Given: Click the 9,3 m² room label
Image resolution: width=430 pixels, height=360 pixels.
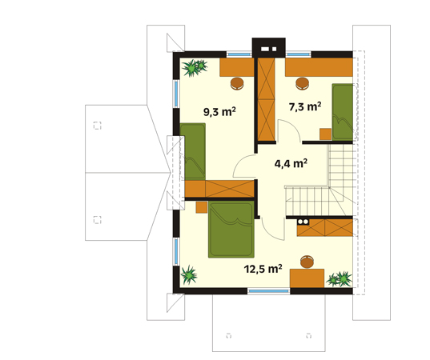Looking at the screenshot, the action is pyautogui.click(x=219, y=111).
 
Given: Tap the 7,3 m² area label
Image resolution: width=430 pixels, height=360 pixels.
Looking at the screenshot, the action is pyautogui.click(x=305, y=106).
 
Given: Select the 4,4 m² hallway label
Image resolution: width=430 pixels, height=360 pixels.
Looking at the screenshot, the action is pyautogui.click(x=291, y=163).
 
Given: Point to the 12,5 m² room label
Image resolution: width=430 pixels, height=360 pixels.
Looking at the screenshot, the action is pyautogui.click(x=263, y=269).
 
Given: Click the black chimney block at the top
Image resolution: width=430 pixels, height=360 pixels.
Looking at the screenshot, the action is pyautogui.click(x=269, y=48).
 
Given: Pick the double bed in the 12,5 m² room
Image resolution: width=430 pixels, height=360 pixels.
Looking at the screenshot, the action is pyautogui.click(x=231, y=230).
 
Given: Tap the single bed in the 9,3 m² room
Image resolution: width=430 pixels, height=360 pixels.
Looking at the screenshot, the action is pyautogui.click(x=193, y=151).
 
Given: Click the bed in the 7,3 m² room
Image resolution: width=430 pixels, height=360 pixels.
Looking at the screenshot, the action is pyautogui.click(x=343, y=112).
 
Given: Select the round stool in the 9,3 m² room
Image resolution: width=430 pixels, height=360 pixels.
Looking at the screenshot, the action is pyautogui.click(x=237, y=83).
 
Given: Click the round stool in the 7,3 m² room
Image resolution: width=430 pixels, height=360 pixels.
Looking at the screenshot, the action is pyautogui.click(x=302, y=83).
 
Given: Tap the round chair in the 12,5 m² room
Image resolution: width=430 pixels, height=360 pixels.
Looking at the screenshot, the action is pyautogui.click(x=307, y=262).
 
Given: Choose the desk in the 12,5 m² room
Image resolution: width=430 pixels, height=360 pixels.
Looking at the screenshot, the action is pyautogui.click(x=307, y=278).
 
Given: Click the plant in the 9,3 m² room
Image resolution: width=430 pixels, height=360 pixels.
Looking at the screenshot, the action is pyautogui.click(x=194, y=67).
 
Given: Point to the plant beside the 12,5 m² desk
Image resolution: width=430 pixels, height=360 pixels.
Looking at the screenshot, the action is pyautogui.click(x=340, y=279).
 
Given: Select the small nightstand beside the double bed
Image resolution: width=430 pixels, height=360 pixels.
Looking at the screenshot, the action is pyautogui.click(x=202, y=207).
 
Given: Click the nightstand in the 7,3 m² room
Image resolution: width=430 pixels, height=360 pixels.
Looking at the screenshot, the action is pyautogui.click(x=326, y=134).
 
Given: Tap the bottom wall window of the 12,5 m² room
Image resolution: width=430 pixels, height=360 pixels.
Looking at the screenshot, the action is pyautogui.click(x=269, y=291).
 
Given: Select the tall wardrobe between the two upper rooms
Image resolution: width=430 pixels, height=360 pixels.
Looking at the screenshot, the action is pyautogui.click(x=267, y=99).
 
